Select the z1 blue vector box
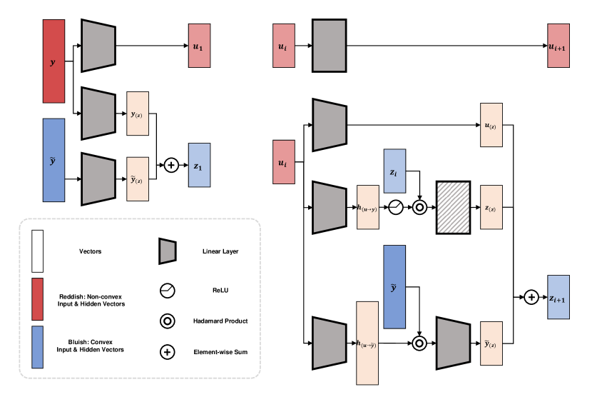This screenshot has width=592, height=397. tap(199, 165)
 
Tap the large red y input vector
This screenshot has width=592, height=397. tap(54, 61)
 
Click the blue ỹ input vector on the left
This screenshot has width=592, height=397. tap(54, 159)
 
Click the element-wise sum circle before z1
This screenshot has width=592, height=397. tap(171, 165)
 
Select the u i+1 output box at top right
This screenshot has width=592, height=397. tap(558, 46)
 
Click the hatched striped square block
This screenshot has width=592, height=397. tap(453, 208)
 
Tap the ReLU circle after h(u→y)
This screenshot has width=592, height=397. tap(396, 208)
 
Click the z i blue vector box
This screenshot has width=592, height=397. tap(394, 171)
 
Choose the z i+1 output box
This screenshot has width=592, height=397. tap(558, 296)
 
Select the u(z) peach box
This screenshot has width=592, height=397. tap(491, 125)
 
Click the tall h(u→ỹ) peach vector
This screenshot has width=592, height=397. tap(367, 344)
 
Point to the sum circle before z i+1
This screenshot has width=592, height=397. tap(531, 296)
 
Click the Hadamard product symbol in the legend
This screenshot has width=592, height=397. tap(167, 321)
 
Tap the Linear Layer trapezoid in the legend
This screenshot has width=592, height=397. tap(167, 251)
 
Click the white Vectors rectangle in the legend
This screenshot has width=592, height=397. tap(38, 251)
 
